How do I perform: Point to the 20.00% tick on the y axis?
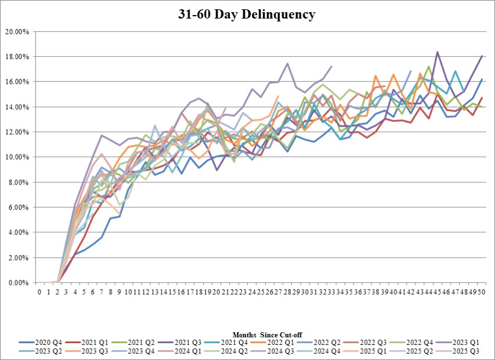click(x=17, y=31)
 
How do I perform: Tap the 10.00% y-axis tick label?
click(x=17, y=157)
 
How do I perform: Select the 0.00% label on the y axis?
click(x=19, y=283)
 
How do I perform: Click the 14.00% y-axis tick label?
click(x=17, y=107)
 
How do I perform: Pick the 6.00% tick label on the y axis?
click(x=19, y=207)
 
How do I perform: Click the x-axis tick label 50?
click(x=482, y=292)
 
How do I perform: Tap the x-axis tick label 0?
click(x=39, y=292)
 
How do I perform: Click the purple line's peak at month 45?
click(x=437, y=52)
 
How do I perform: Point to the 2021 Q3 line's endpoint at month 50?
click(x=482, y=56)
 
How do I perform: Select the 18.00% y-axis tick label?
click(x=17, y=57)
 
